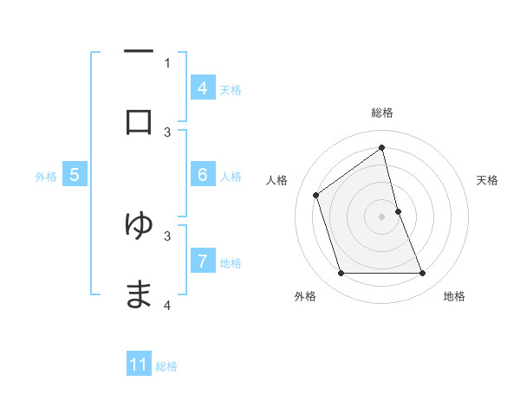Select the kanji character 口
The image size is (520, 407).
pyautogui.click(x=139, y=122)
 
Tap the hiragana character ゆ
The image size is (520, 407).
pyautogui.click(x=139, y=225)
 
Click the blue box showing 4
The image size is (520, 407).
pyautogui.click(x=202, y=88)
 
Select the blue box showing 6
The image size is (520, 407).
pyautogui.click(x=202, y=175)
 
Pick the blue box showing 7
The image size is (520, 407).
pyautogui.click(x=202, y=261)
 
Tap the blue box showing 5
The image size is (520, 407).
pyautogui.click(x=75, y=175)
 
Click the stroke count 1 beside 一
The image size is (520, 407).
pyautogui.click(x=167, y=62)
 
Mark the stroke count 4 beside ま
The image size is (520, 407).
pyautogui.click(x=167, y=305)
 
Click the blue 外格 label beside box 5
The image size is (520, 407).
pyautogui.click(x=46, y=176)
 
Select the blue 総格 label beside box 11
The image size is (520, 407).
pyautogui.click(x=166, y=365)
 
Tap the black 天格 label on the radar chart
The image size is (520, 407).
pyautogui.click(x=487, y=180)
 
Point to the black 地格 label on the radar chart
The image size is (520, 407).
pyautogui.click(x=454, y=296)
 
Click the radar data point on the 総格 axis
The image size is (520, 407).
pyautogui.click(x=382, y=147)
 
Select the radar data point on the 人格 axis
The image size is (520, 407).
pyautogui.click(x=316, y=195)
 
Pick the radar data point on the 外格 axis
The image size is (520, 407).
pyautogui.click(x=341, y=274)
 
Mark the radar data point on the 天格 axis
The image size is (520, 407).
pyautogui.click(x=398, y=211)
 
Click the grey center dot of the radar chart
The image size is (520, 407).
pyautogui.click(x=382, y=216)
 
